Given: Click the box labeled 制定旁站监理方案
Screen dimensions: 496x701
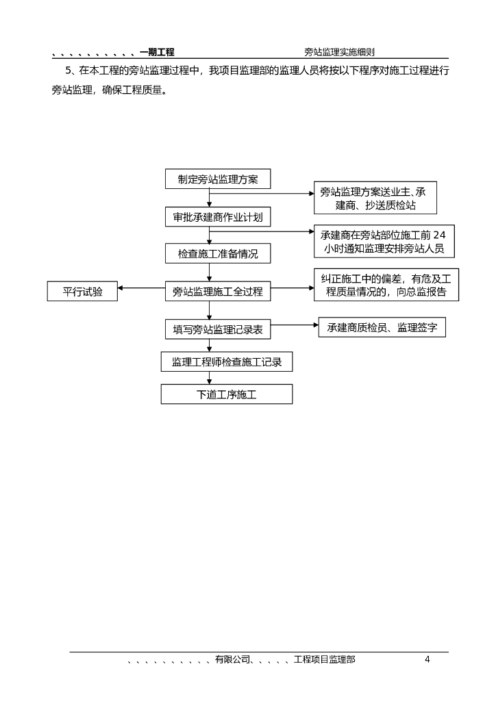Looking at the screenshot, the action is (218, 179).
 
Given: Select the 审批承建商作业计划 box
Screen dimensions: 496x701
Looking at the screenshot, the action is (218, 217).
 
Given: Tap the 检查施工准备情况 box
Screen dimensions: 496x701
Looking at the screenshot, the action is (218, 253).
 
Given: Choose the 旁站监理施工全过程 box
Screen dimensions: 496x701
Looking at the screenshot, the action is (218, 291).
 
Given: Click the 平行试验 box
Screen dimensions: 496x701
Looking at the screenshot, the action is (82, 291).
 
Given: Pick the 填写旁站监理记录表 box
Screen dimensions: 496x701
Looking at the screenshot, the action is (218, 329).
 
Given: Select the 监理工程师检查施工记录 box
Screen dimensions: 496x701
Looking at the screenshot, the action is (227, 361).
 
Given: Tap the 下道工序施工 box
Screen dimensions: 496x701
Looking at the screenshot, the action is (227, 394).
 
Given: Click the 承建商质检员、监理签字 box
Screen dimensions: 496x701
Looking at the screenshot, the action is (382, 327).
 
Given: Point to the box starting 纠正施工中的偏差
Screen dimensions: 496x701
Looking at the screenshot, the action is (386, 285).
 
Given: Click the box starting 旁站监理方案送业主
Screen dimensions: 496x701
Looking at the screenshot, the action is (375, 198).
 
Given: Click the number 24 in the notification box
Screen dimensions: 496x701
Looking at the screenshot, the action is (439, 235).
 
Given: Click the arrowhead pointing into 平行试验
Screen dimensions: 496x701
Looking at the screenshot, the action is (121, 288).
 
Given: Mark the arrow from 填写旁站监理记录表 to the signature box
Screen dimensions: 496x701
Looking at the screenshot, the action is (295, 325).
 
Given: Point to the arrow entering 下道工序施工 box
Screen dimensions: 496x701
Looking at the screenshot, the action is (210, 378).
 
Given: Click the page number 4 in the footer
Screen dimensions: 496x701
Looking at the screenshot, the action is (427, 659).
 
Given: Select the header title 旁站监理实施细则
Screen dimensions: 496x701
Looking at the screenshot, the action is (340, 52).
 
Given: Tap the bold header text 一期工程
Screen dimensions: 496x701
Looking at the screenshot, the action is (157, 52).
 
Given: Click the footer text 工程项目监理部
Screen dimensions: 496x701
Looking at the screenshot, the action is (324, 659).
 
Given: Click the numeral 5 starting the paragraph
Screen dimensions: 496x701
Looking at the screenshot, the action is (69, 71).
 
